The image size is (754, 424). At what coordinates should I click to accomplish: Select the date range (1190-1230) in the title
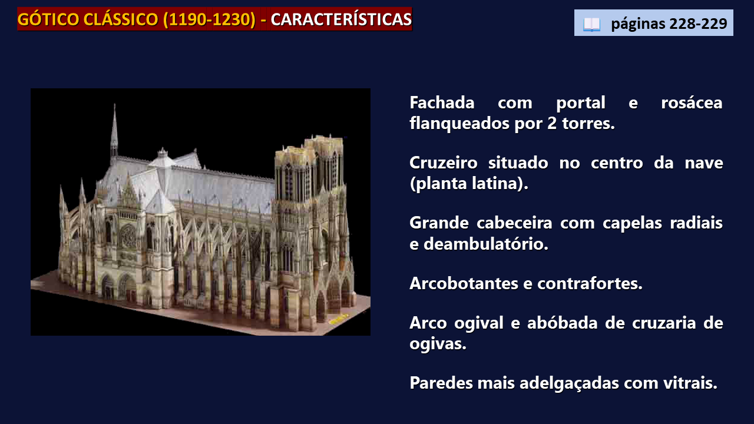coord(209,19)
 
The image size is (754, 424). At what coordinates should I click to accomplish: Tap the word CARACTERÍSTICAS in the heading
coord(341,19)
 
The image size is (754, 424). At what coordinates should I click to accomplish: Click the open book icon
coord(591,24)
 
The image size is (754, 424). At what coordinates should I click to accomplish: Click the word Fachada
coord(442,102)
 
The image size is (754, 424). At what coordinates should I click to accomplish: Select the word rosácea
coord(692,103)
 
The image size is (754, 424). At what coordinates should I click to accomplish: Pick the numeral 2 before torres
coord(552,124)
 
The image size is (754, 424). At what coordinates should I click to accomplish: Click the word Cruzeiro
coord(444,163)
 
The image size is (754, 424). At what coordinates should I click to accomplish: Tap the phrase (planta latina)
coord(469,184)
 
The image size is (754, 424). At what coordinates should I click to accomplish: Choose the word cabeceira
coord(514,223)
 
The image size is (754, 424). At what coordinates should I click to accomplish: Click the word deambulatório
coord(486,244)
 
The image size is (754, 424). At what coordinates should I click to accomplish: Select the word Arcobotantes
coord(464,283)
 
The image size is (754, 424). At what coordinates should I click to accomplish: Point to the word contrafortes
coord(590,283)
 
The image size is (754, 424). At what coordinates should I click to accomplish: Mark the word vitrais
coord(690,383)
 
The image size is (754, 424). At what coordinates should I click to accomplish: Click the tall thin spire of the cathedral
coord(114,131)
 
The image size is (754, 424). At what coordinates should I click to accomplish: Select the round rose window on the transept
coord(128,237)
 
